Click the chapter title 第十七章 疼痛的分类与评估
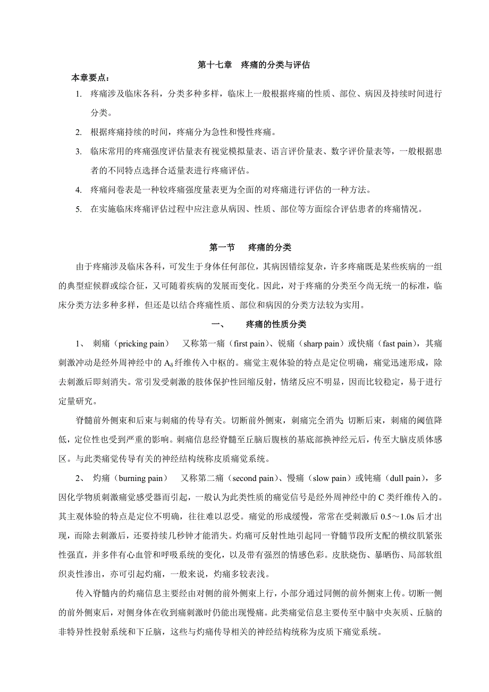point(254,65)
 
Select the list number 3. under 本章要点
point(79,151)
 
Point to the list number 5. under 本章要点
point(79,209)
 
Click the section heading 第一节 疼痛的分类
point(250,248)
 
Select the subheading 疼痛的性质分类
point(276,324)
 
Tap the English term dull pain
point(405,478)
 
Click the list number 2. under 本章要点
point(79,132)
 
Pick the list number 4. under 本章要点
point(79,190)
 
